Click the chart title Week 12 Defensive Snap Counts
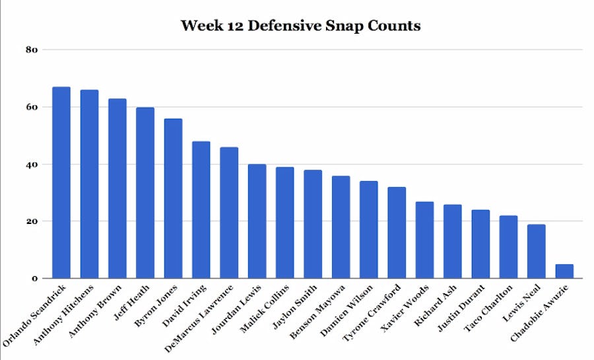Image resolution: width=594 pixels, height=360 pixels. tap(300, 26)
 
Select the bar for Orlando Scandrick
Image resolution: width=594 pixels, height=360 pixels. tap(61, 182)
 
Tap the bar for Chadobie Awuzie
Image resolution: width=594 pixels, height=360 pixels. tap(564, 271)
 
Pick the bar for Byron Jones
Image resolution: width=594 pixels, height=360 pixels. tap(173, 198)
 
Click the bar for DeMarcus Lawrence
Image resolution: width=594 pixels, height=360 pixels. tap(229, 213)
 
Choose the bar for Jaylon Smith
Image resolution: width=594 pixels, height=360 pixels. tap(313, 224)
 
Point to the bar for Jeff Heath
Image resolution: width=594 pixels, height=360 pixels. tap(145, 193)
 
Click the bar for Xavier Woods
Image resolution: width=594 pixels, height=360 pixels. tap(424, 240)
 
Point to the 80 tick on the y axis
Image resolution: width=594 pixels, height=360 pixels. tap(32, 50)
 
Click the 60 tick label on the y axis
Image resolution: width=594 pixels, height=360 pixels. tap(32, 107)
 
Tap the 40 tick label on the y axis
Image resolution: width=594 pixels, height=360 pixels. tap(32, 164)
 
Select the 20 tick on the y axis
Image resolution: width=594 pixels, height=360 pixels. tap(32, 221)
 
